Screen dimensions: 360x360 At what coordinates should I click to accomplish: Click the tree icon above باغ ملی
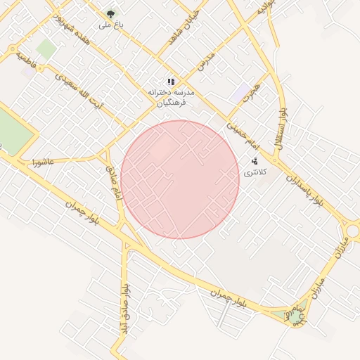110,13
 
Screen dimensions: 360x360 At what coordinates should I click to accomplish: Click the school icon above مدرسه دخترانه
170,82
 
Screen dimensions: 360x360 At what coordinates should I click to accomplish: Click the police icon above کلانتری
254,161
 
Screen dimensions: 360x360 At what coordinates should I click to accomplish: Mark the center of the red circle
180,179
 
